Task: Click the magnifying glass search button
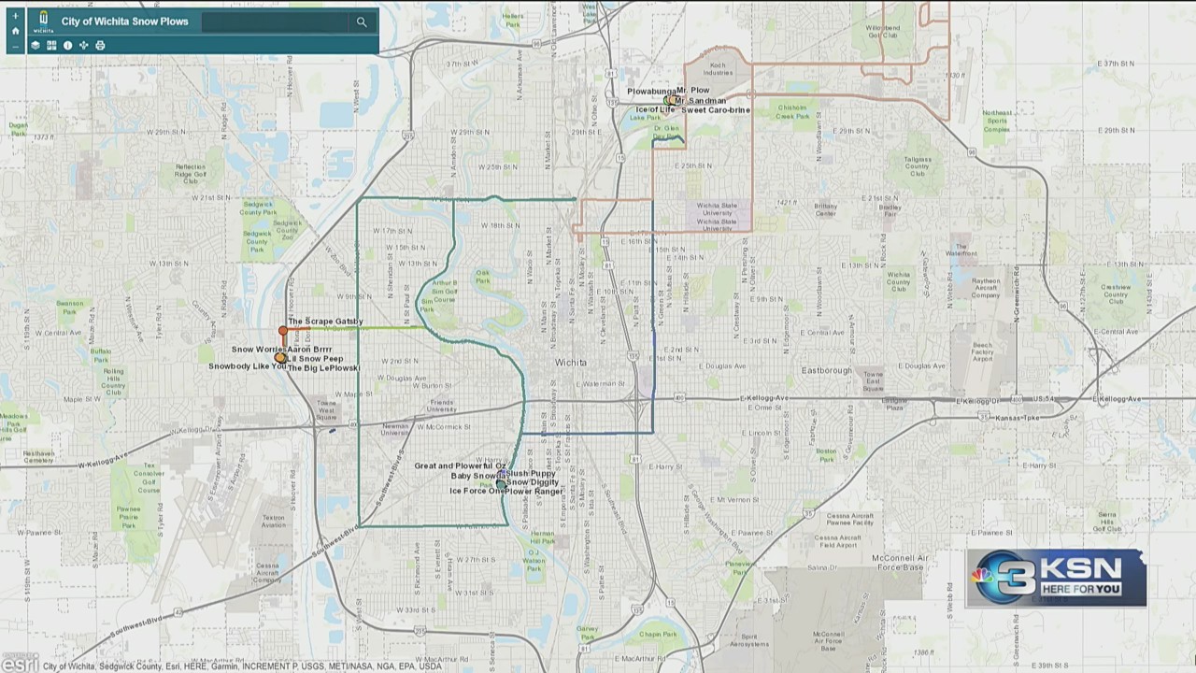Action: (x=362, y=21)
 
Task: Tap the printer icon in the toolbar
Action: (x=100, y=45)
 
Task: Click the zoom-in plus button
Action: (x=15, y=16)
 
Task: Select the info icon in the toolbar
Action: (x=67, y=45)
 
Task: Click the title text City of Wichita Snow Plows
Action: (x=124, y=21)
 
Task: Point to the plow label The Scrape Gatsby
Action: (x=325, y=322)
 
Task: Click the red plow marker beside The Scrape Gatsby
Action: (x=283, y=331)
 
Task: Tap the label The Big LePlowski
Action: (x=323, y=368)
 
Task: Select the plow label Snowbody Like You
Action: (x=247, y=366)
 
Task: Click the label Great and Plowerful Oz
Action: (x=460, y=465)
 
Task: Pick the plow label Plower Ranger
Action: (x=534, y=491)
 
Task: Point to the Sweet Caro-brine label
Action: (x=716, y=110)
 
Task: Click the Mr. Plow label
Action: (x=693, y=91)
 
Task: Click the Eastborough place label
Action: (x=827, y=370)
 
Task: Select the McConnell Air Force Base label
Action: (x=897, y=563)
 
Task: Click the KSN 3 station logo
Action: (x=1056, y=578)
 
